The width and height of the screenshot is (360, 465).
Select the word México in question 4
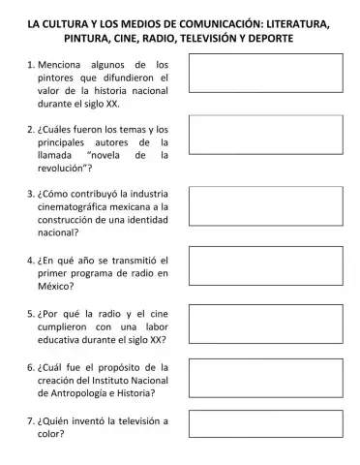[x=58, y=287]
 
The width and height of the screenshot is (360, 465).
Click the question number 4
[x=31, y=260]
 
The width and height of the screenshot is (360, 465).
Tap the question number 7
[x=31, y=420]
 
